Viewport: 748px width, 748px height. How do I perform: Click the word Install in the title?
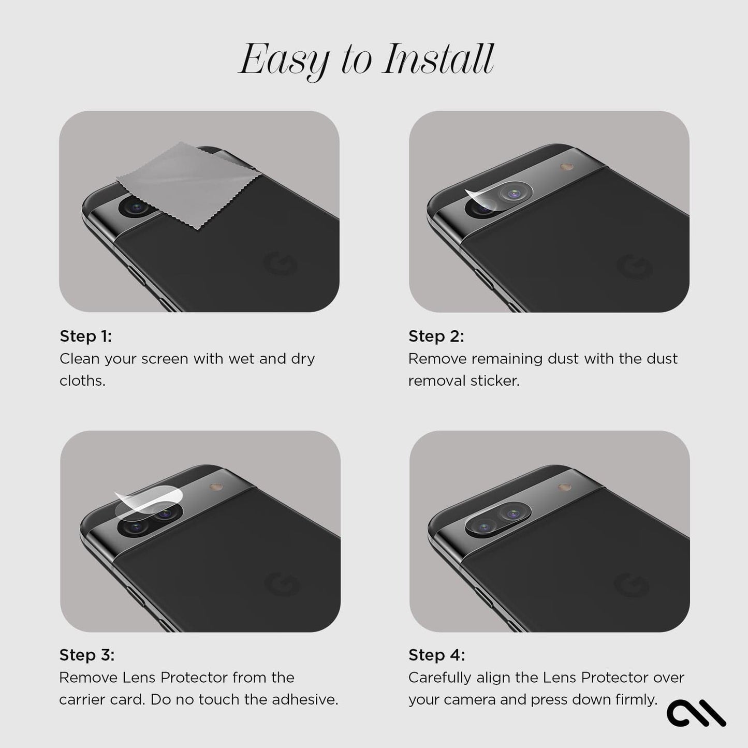[438, 59]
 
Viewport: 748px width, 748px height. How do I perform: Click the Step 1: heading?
[86, 336]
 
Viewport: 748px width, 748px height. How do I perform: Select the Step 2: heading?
[436, 336]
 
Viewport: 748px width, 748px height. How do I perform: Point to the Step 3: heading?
[87, 655]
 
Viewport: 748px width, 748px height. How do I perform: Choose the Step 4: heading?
[437, 655]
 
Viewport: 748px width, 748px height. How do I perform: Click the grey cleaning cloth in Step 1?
[188, 185]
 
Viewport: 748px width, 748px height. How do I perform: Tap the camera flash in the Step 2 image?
[567, 167]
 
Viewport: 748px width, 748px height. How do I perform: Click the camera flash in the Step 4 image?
[565, 487]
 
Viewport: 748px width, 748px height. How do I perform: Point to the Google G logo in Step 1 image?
[280, 263]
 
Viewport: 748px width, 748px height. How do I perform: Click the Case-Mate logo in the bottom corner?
[696, 713]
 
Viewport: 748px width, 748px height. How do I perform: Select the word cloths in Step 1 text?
[83, 381]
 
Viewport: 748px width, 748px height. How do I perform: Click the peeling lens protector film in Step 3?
[149, 503]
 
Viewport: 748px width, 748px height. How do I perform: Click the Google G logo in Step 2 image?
[634, 267]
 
